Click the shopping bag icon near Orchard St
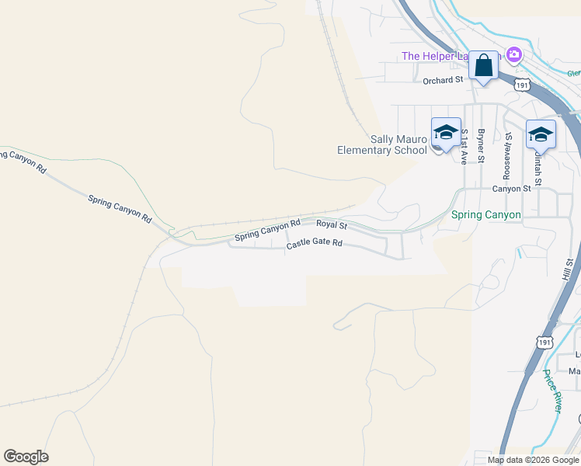[x=484, y=66]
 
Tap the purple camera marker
[x=513, y=54]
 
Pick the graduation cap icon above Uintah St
[x=541, y=135]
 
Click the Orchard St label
[x=443, y=80]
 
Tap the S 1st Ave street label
[x=464, y=146]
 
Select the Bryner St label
[x=482, y=146]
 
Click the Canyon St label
[x=511, y=189]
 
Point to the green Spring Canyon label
[x=486, y=214]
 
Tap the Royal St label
[x=331, y=225]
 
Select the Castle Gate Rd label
[x=314, y=244]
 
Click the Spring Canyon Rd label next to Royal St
[x=267, y=229]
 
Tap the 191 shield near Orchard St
[x=523, y=85]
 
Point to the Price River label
[x=552, y=391]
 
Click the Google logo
[x=26, y=457]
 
